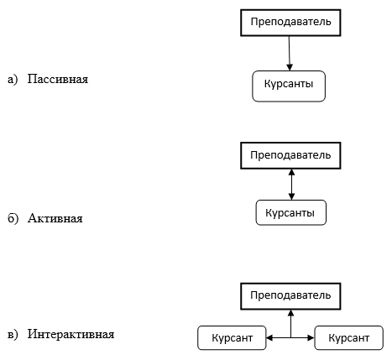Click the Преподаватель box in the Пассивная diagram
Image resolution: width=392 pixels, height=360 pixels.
pos(290,23)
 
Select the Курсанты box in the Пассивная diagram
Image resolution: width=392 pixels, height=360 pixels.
pos(289,86)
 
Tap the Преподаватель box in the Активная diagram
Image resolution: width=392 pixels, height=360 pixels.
pos(290,155)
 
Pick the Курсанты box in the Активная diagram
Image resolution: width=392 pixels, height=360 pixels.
pos(291,212)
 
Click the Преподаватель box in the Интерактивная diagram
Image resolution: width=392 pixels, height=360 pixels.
pos(290,296)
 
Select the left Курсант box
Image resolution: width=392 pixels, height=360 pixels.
pos(232,338)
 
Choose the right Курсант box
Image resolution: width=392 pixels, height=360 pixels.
pos(349,338)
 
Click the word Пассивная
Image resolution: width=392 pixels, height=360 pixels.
pos(58,79)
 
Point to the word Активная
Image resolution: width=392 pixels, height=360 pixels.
pos(55,218)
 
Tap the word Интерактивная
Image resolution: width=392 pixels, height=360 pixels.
pos(71,334)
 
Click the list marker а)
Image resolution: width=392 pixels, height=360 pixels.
pos(13,80)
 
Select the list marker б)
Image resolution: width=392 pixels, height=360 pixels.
pos(13,218)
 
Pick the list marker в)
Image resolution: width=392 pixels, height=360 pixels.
pos(13,334)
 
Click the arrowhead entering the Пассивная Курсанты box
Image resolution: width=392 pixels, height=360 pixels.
pos(290,67)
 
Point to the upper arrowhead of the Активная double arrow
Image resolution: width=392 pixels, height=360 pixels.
pos(291,172)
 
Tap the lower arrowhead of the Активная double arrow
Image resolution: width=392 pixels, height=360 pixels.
pos(291,196)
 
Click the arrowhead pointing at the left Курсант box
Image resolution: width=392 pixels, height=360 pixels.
pos(269,338)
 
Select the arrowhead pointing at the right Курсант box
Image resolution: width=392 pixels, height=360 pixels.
pos(311,338)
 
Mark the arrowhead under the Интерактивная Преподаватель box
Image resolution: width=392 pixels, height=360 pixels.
pos(291,313)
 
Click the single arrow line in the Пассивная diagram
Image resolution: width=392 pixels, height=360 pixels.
pos(290,53)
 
